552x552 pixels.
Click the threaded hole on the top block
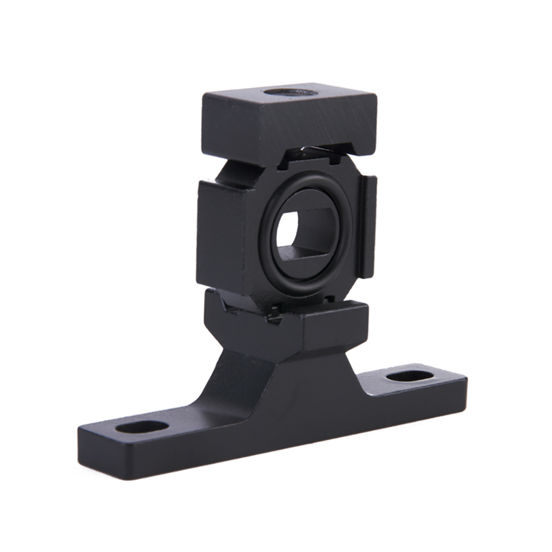click(x=292, y=92)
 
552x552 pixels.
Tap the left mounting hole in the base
click(x=142, y=427)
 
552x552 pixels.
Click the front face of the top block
click(x=317, y=131)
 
